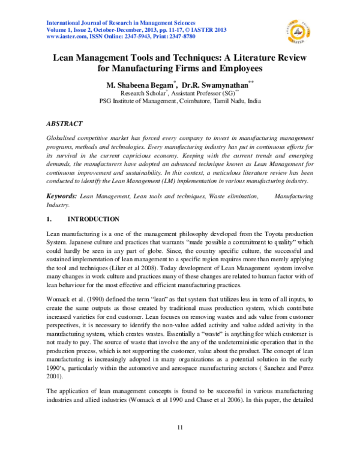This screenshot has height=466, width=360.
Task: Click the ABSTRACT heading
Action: [64, 123]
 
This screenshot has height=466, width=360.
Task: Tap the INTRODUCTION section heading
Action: [93, 202]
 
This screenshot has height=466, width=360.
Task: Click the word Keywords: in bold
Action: [61, 180]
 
